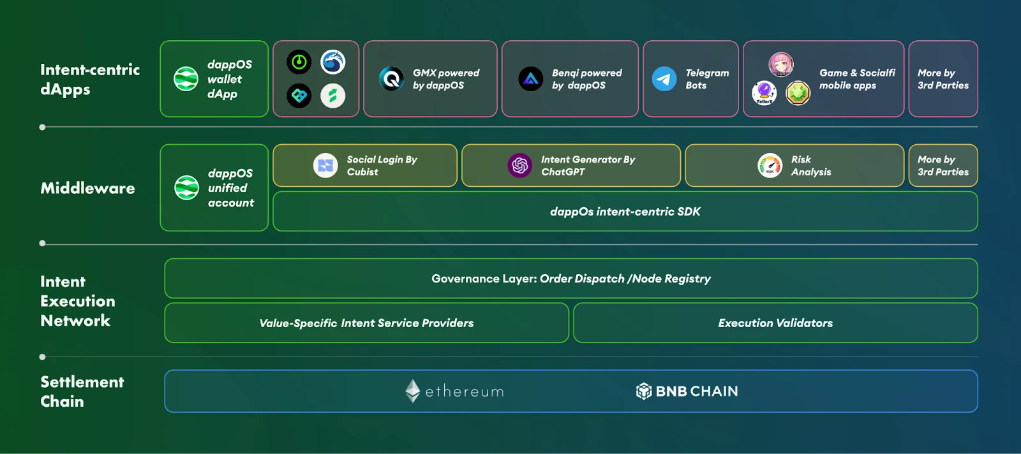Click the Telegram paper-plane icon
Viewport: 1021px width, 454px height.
(664, 79)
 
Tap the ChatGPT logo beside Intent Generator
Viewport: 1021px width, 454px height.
(519, 166)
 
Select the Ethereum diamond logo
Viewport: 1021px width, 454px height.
(413, 391)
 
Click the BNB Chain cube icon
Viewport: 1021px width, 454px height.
(643, 391)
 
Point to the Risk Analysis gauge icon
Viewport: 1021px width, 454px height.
(770, 166)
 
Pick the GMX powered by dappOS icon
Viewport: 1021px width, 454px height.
(391, 79)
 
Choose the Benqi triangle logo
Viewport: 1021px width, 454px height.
(530, 79)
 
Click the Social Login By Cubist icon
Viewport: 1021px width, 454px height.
(325, 166)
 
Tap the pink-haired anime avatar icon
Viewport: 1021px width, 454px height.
(780, 64)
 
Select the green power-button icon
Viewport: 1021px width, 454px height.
(299, 62)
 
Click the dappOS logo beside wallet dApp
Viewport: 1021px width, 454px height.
(186, 79)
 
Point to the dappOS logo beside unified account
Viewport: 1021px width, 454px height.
(186, 188)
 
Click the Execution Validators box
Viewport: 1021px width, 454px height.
(775, 323)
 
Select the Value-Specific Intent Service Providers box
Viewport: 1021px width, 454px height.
(366, 323)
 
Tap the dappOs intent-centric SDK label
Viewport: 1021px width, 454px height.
(625, 212)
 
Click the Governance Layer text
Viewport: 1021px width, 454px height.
(570, 279)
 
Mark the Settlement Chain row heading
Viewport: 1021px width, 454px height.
(82, 392)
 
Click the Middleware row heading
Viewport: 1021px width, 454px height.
(87, 188)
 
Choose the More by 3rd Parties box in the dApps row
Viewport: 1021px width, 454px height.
(943, 79)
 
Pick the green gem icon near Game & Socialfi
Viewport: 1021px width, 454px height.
(798, 93)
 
